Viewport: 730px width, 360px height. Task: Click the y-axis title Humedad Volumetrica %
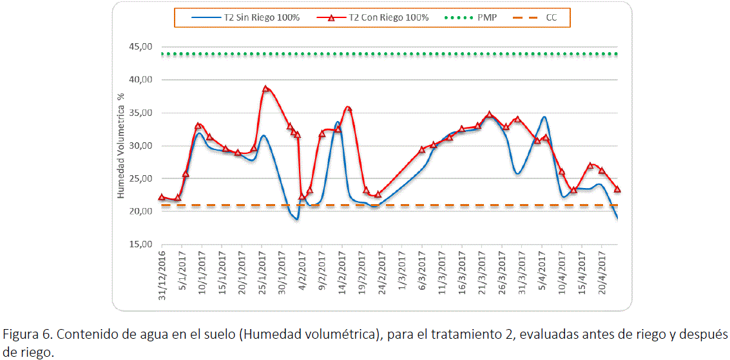tap(120, 146)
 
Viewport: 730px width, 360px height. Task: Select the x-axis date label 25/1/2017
tap(263, 271)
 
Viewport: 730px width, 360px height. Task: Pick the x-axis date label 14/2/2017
tap(343, 271)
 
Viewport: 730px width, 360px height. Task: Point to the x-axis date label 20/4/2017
tap(602, 271)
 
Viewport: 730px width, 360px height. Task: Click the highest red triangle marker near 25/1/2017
tap(265, 89)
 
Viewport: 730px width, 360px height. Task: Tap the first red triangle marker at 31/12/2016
tap(162, 197)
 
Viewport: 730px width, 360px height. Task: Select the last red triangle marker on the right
tap(617, 189)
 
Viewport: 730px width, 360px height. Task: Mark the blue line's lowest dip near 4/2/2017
tap(296, 220)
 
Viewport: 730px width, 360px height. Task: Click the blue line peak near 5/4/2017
tap(544, 117)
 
